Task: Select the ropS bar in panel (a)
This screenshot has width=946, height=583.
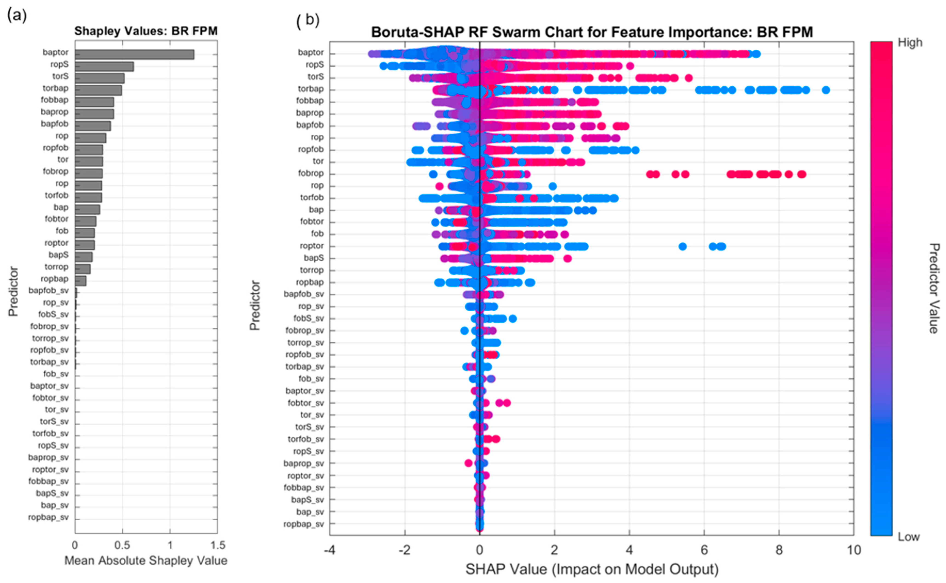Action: [104, 66]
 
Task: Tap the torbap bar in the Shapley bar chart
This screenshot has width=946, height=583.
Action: [98, 90]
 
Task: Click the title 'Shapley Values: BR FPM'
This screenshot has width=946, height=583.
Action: [146, 31]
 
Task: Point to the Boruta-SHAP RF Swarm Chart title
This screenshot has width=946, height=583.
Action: [592, 32]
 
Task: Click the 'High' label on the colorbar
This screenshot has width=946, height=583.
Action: [910, 43]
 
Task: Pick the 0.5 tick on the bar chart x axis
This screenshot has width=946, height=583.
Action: [122, 545]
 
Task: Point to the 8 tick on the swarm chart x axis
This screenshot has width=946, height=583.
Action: [779, 550]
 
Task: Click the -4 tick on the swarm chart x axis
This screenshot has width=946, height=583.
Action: [330, 550]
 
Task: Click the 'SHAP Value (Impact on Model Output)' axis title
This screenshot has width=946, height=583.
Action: [592, 569]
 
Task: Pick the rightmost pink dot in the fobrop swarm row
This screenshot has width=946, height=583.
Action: [802, 174]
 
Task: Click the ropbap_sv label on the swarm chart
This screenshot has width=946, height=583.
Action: [304, 524]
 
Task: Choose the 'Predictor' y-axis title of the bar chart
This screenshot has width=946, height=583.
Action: [14, 291]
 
